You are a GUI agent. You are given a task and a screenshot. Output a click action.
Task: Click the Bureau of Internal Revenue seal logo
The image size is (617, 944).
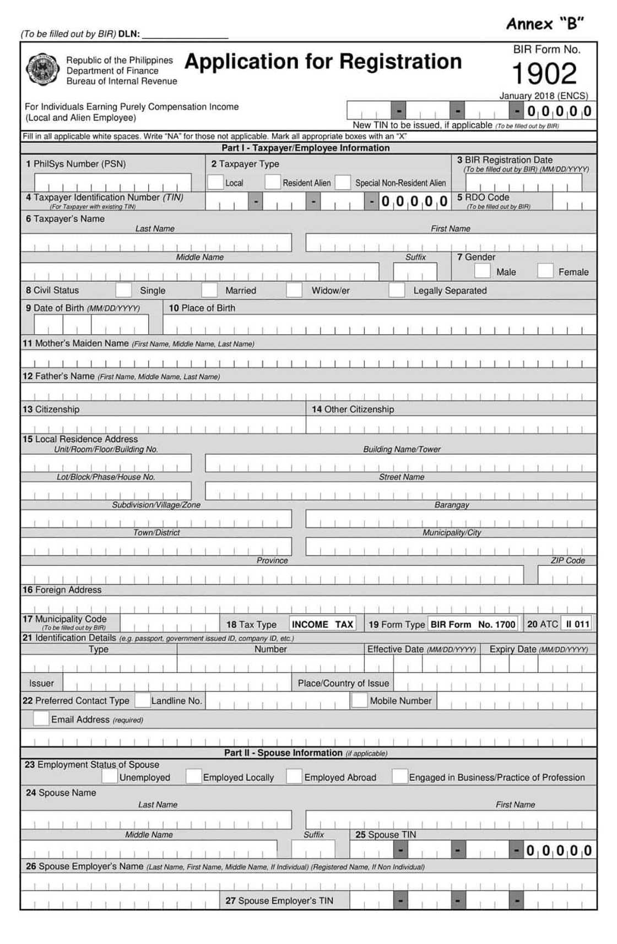click(x=42, y=70)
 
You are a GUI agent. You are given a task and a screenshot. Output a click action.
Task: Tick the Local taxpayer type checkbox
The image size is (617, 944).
click(x=215, y=182)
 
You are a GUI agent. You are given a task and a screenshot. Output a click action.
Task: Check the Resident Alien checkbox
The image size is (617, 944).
click(x=272, y=182)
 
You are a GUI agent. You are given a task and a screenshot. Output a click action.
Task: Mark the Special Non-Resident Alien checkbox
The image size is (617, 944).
click(x=343, y=182)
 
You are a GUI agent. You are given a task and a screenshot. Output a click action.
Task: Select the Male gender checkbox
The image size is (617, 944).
click(x=482, y=271)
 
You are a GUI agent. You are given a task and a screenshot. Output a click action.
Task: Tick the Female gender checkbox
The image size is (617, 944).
click(x=545, y=271)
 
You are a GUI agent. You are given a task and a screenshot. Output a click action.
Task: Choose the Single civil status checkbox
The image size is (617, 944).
click(x=123, y=290)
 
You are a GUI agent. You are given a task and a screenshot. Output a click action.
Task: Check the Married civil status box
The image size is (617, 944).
click(x=209, y=290)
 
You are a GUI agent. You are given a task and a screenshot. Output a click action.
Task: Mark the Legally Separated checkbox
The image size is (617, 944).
click(x=397, y=290)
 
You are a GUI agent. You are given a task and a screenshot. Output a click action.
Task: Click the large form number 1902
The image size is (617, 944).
click(x=544, y=73)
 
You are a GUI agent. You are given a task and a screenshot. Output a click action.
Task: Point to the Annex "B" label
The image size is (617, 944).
click(x=544, y=24)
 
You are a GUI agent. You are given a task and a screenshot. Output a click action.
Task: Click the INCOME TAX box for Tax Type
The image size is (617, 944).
click(x=323, y=624)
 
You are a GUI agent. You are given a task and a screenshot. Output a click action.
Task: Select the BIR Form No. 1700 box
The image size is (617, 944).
click(x=473, y=624)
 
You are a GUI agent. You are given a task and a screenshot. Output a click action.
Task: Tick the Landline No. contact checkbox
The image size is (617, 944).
click(x=143, y=700)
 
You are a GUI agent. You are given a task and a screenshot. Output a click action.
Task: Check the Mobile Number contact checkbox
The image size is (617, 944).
click(x=359, y=700)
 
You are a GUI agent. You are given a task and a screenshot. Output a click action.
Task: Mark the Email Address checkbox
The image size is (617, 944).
click(x=41, y=718)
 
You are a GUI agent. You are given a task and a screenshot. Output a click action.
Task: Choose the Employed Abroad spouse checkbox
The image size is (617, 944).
click(x=294, y=776)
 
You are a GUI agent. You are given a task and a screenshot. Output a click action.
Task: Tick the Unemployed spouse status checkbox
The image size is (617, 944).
click(x=110, y=776)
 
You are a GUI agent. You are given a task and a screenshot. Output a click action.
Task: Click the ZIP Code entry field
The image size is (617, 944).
click(x=567, y=575)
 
